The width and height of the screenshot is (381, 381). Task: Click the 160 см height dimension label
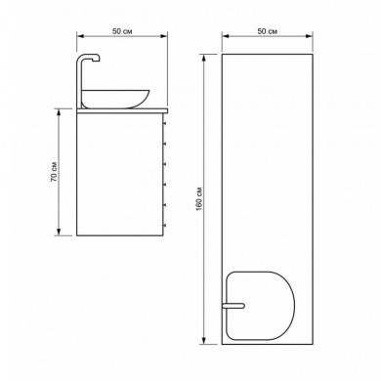point(199,199)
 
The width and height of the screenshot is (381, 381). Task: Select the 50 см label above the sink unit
point(122,31)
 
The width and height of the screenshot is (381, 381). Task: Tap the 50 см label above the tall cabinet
point(268,31)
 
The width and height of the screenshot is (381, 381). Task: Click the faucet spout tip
point(98,60)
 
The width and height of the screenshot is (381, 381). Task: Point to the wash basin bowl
point(115,99)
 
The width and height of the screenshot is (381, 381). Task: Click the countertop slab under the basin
point(122,111)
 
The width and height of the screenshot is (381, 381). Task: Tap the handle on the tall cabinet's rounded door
point(233,306)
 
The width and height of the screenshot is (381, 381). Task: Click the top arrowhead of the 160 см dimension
point(204,58)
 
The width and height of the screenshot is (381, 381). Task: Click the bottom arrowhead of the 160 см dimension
point(204,340)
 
